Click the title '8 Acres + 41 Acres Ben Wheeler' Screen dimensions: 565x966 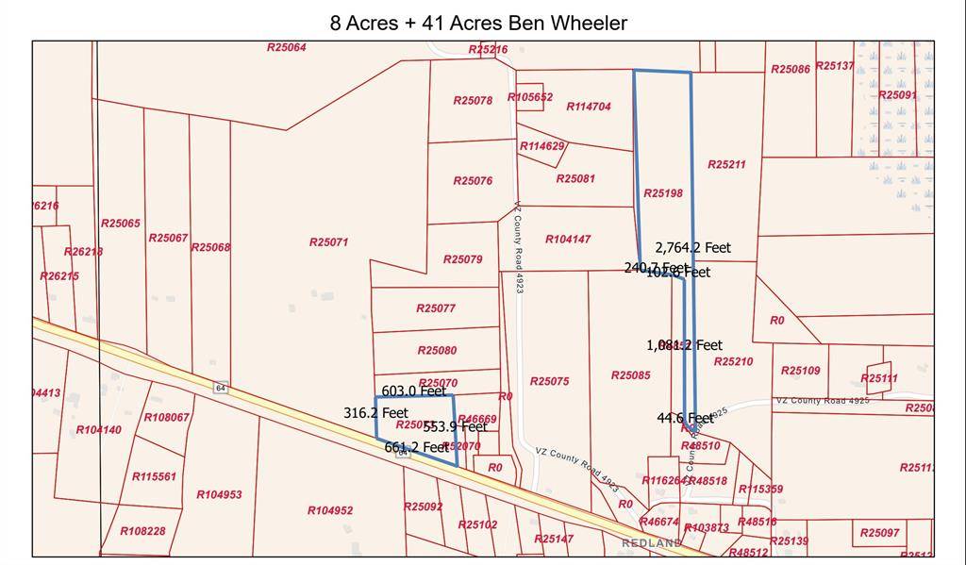point(478,23)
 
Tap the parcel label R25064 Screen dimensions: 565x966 point(287,47)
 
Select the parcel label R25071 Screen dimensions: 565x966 point(328,242)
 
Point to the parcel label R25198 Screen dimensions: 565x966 point(662,192)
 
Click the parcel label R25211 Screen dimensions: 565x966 point(726,165)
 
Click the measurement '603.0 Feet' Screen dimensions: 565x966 point(413,391)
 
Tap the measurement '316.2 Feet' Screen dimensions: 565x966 point(375,413)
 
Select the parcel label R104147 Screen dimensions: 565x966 point(568,240)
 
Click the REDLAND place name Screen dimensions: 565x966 point(651,544)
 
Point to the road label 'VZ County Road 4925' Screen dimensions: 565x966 point(822,401)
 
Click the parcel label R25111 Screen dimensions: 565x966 point(879,378)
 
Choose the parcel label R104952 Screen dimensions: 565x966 point(330,510)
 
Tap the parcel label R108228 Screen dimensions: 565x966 point(142,531)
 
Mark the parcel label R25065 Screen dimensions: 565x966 point(121,224)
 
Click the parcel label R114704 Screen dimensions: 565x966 point(589,107)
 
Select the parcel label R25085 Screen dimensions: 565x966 point(630,375)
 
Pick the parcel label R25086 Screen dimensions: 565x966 point(790,69)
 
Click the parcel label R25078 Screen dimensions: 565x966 point(473,100)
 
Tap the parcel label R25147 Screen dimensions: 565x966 point(553,539)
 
